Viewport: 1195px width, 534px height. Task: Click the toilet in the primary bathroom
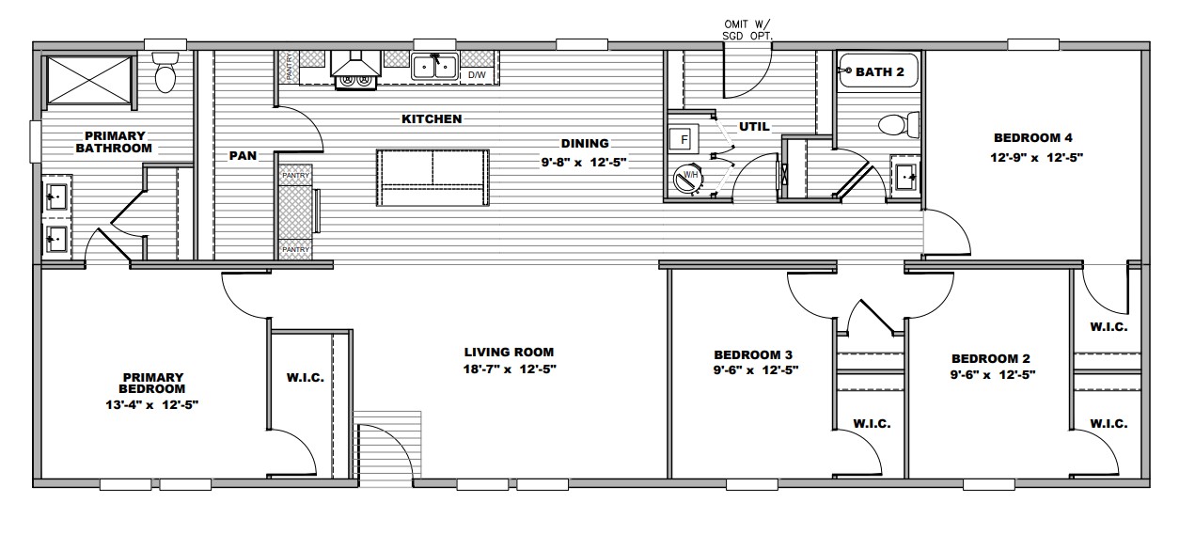point(165,72)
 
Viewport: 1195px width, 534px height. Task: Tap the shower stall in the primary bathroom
point(89,80)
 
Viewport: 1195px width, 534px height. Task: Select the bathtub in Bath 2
point(879,71)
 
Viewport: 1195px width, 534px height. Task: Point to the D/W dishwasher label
point(477,75)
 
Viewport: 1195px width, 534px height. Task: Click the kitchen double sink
point(434,67)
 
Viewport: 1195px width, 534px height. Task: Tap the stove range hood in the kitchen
point(355,64)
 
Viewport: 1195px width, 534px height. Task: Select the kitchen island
point(432,178)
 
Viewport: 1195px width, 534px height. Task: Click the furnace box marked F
point(684,140)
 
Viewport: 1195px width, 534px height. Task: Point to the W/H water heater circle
point(689,179)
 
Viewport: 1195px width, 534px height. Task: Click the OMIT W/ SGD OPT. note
point(747,30)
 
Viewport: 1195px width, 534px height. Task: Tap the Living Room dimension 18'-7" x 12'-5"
point(510,369)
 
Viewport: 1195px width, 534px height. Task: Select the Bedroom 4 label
point(1033,137)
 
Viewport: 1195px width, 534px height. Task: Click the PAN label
point(243,156)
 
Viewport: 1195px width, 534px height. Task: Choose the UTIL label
point(754,127)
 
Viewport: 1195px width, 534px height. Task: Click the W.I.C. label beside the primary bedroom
point(306,378)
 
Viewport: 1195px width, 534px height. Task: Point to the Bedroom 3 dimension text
point(756,370)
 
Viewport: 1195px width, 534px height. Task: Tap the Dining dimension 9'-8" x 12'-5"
point(584,162)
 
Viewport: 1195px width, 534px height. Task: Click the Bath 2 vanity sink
point(904,177)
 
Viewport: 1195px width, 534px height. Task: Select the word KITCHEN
point(432,119)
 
